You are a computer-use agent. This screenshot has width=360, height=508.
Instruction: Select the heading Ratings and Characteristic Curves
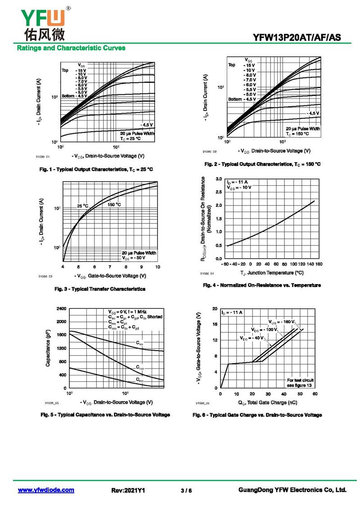coord(71,48)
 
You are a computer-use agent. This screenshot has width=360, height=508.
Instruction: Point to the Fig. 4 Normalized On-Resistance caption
coord(261,285)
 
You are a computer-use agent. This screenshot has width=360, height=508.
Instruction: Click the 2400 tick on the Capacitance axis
coord(62,309)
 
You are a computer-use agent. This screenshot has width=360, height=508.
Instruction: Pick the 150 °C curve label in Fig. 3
coord(114,205)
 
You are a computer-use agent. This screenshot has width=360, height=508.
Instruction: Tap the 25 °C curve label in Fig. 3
coord(82,206)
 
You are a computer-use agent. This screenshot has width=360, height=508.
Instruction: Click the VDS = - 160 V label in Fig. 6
coord(282,322)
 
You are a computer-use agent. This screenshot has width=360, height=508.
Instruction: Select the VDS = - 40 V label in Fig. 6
coord(252,338)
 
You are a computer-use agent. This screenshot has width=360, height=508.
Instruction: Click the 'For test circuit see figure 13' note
coord(300,383)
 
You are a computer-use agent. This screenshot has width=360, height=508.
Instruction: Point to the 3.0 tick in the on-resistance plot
coord(218,179)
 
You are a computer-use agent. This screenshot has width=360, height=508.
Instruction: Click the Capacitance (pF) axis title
coord(48,349)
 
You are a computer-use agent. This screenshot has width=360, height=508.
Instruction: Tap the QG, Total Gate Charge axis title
coord(267,402)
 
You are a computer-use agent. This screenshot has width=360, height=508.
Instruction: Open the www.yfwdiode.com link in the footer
coord(46,490)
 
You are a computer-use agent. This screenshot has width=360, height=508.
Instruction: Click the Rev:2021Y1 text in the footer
coord(128,490)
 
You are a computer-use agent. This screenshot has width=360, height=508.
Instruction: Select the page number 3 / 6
coord(186,490)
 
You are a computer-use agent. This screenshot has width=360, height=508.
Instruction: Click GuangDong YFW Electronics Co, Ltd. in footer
coord(292,490)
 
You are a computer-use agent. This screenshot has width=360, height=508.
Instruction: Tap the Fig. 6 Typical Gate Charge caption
coord(257,414)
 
